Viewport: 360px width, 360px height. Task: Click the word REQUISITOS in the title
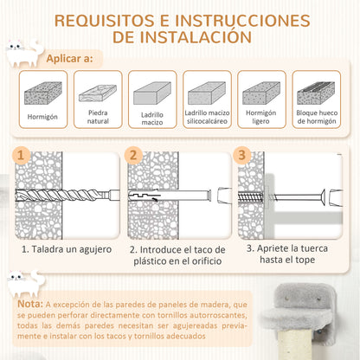point(104,21)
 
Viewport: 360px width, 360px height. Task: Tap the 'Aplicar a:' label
point(69,59)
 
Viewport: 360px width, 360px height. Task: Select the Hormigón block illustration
point(43,93)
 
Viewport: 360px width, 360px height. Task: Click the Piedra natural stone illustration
point(98,93)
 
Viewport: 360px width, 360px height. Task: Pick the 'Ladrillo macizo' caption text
point(152,119)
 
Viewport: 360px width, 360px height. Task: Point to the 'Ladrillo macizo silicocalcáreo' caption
point(207,117)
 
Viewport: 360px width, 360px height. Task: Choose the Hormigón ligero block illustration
point(261,93)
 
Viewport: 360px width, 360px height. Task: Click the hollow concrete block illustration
point(316,93)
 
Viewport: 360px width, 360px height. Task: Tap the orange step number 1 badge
point(21,156)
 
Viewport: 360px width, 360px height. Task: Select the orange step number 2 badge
point(133,156)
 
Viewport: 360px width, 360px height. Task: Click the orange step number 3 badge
point(242,156)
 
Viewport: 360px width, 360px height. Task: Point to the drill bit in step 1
point(67,196)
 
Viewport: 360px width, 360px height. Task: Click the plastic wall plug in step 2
point(170,196)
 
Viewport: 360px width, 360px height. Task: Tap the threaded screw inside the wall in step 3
point(251,197)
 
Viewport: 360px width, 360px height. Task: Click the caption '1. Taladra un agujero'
point(67,249)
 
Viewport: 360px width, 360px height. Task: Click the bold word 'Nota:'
point(30,304)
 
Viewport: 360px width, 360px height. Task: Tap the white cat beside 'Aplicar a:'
point(24,53)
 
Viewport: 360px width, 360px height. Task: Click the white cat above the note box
point(26,284)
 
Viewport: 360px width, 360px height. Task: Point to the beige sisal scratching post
point(295,344)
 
